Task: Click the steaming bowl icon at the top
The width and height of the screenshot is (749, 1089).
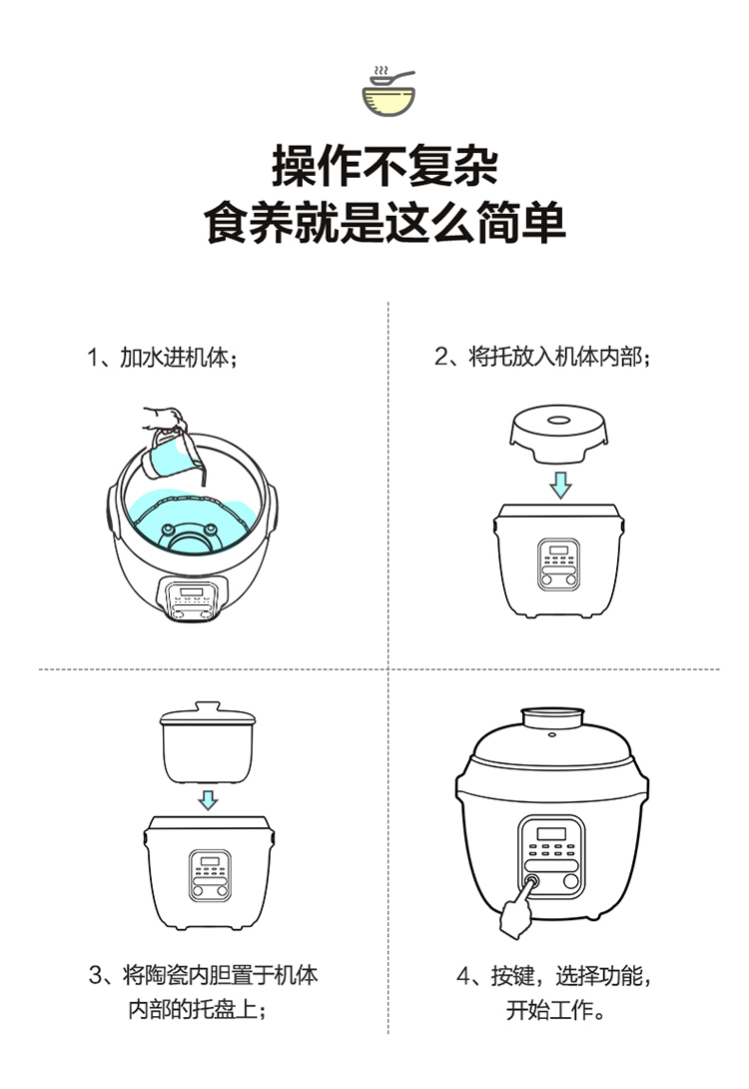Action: (x=388, y=91)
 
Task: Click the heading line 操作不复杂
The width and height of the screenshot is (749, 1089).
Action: (x=385, y=166)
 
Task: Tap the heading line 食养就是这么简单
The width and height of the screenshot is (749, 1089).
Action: (x=385, y=222)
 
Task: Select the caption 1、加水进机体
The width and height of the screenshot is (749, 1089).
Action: (x=163, y=358)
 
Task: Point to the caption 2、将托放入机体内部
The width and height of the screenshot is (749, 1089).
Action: (x=542, y=357)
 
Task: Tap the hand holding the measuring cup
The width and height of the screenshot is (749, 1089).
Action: (x=165, y=419)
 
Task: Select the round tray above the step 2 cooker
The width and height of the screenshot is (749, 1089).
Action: (x=559, y=434)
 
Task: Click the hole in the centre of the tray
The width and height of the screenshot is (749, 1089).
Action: (x=559, y=421)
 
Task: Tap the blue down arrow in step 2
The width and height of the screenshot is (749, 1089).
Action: (x=560, y=485)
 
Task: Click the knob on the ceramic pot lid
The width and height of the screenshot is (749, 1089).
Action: (x=208, y=707)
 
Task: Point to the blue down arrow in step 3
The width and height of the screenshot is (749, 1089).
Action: (x=208, y=799)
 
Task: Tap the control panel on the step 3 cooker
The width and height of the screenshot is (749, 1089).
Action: (x=211, y=876)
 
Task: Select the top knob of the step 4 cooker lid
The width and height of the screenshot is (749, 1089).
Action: (x=552, y=718)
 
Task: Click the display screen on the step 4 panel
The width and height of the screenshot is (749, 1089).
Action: (x=551, y=834)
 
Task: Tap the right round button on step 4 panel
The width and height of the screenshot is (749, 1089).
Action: (x=571, y=881)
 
